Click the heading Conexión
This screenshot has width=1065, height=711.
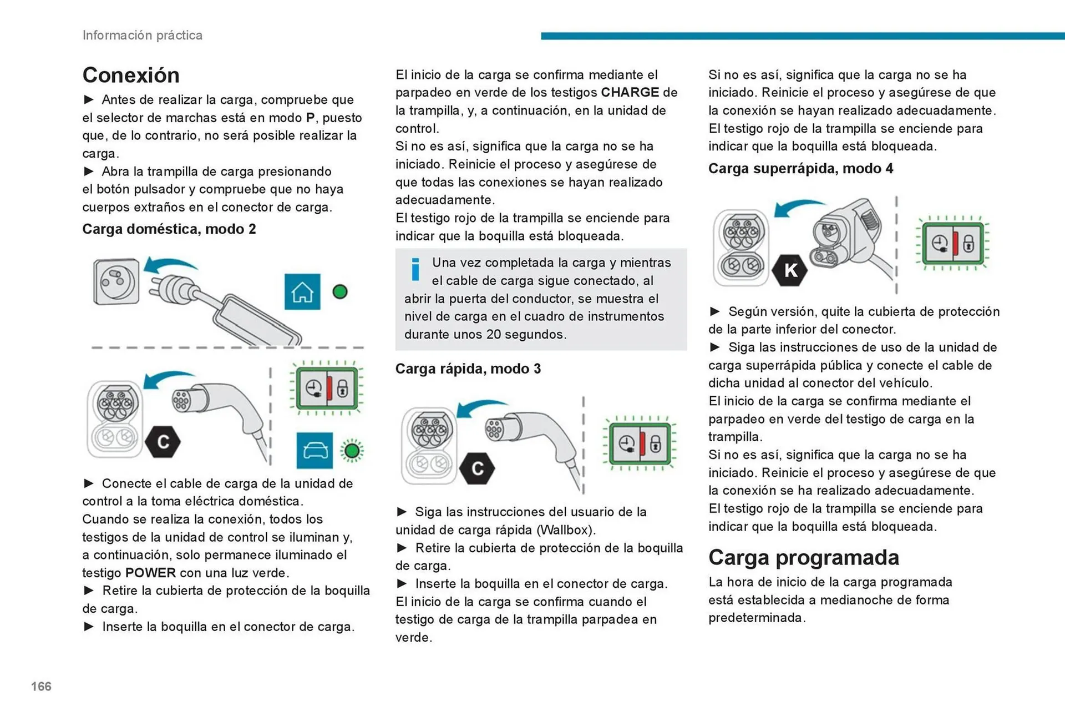point(131,75)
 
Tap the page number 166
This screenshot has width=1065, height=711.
point(41,686)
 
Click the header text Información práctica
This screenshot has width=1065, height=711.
point(143,35)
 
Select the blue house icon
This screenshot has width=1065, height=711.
point(302,291)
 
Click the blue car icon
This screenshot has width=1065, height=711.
point(315,450)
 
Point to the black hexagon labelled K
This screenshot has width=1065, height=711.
point(790,270)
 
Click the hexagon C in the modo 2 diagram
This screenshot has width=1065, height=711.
point(163,442)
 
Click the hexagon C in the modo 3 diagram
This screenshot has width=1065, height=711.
point(477,468)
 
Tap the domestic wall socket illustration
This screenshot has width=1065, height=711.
point(116,281)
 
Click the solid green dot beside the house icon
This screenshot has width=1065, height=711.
point(340,291)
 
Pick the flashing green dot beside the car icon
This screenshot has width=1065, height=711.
point(352,450)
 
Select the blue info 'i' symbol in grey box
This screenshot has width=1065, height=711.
point(415,269)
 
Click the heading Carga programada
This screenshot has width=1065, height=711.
point(803,557)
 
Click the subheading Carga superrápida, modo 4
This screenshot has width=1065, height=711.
point(800,168)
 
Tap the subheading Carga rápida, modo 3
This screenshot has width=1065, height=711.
point(468,369)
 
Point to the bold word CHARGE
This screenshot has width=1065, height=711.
point(630,92)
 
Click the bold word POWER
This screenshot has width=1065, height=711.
point(150,573)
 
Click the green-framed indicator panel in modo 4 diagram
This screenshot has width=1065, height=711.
point(953,244)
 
